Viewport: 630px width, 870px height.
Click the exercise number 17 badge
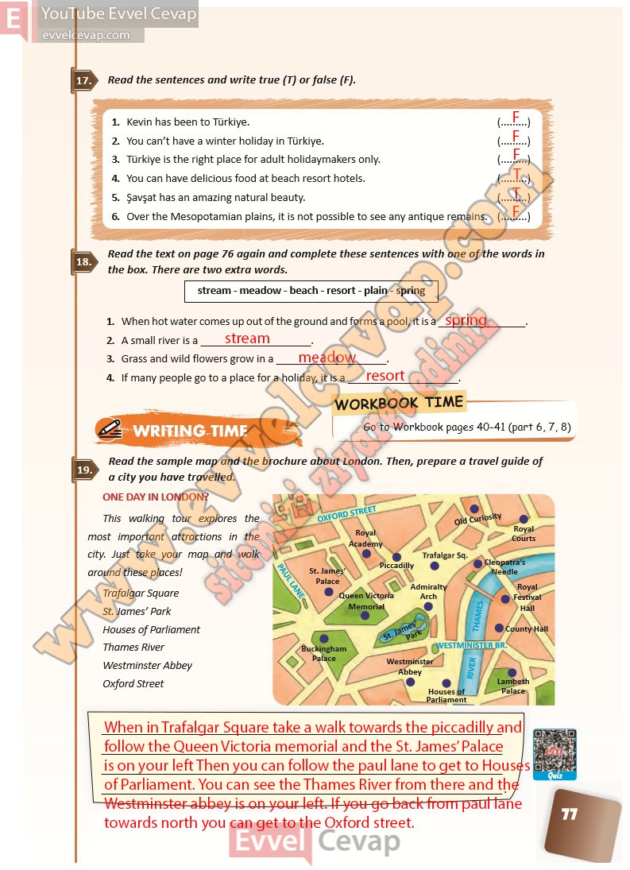(84, 80)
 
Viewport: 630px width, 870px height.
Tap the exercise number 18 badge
(84, 262)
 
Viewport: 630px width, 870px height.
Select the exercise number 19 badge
(84, 470)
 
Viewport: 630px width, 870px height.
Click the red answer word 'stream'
(247, 338)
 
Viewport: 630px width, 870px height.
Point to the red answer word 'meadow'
(327, 358)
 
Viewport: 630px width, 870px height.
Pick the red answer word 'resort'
(385, 376)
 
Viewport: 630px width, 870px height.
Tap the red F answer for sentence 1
(516, 118)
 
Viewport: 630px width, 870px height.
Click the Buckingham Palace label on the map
(323, 653)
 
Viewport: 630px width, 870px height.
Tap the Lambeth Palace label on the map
(513, 686)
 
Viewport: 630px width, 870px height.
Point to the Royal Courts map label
(524, 533)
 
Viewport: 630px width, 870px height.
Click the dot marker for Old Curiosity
(474, 508)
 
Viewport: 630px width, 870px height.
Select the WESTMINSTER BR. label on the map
(472, 646)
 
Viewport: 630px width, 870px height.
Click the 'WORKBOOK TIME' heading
(398, 403)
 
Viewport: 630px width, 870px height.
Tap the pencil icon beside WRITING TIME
(110, 429)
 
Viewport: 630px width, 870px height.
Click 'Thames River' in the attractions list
(133, 648)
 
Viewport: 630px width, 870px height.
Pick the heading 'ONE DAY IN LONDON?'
(156, 497)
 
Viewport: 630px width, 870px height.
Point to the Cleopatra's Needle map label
(504, 567)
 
